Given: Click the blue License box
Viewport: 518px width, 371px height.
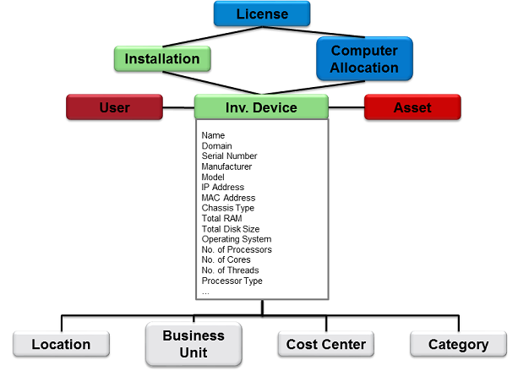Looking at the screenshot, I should point(262,14).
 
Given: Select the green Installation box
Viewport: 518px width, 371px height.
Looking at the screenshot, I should point(161,59).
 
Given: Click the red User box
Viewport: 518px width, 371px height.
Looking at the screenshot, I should point(114,107).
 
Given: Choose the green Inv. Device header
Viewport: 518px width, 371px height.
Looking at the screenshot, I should point(261,107).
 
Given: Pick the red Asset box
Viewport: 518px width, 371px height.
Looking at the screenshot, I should point(412,107).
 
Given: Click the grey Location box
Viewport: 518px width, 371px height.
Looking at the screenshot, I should point(61,344).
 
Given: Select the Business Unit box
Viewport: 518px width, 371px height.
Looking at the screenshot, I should point(194,344).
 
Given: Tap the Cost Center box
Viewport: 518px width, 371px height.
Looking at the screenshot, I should point(326,344).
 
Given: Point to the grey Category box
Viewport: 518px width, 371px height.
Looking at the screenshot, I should point(459,344).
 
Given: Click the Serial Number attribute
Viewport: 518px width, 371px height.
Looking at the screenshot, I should point(229,156).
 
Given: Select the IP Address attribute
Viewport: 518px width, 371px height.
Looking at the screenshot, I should point(223,188).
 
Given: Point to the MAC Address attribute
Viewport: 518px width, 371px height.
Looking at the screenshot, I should point(228,198).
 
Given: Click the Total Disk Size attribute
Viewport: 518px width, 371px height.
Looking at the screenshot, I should point(231,229).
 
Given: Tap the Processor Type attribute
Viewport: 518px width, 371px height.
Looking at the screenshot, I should point(232,281).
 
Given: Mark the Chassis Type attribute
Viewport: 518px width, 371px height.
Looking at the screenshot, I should point(227,208).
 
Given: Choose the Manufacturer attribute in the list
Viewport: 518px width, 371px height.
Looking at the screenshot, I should point(227,166).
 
